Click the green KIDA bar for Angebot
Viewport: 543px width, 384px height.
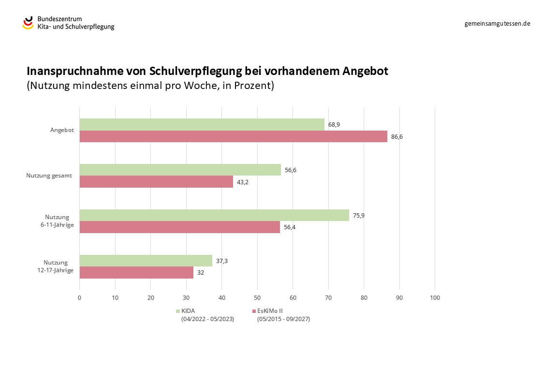pyautogui.click(x=202, y=124)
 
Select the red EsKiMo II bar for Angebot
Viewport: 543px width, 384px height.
pyautogui.click(x=233, y=136)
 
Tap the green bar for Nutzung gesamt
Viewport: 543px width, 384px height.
pyautogui.click(x=180, y=170)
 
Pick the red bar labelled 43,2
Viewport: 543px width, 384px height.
pyautogui.click(x=156, y=181)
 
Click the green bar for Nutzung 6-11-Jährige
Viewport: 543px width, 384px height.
pyautogui.click(x=214, y=215)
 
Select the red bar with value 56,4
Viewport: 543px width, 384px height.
pyautogui.click(x=179, y=227)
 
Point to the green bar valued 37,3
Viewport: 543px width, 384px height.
pyautogui.click(x=146, y=261)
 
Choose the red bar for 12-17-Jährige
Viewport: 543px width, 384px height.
pyautogui.click(x=136, y=272)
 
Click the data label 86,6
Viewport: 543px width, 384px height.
pyautogui.click(x=396, y=137)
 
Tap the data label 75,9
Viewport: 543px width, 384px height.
pyautogui.click(x=358, y=216)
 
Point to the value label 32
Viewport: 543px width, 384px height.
pyautogui.click(x=201, y=273)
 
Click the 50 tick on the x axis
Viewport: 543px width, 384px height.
pyautogui.click(x=257, y=298)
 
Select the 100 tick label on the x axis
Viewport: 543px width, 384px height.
pyautogui.click(x=435, y=298)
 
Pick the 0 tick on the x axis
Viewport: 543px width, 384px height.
pyautogui.click(x=79, y=298)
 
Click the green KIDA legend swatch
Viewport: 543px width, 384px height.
pyautogui.click(x=178, y=311)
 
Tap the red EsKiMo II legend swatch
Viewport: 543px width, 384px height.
pyautogui.click(x=254, y=311)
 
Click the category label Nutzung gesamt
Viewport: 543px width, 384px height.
pyautogui.click(x=49, y=176)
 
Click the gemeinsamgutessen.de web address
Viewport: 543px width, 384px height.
pyautogui.click(x=497, y=23)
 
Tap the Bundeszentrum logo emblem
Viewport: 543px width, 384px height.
pyautogui.click(x=28, y=22)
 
